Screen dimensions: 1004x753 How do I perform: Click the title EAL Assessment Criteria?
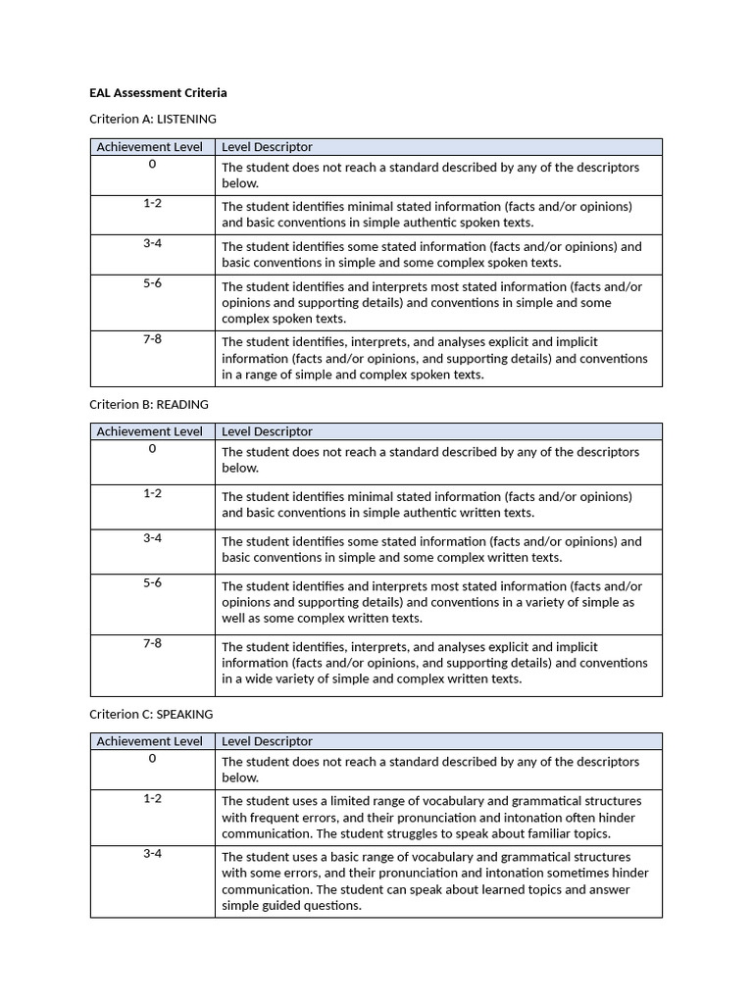click(158, 92)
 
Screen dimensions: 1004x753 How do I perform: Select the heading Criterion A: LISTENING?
click(153, 119)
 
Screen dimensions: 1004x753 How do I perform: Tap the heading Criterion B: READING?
click(149, 404)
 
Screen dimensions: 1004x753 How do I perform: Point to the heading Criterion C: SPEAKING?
click(151, 714)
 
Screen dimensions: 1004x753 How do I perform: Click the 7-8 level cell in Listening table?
click(152, 339)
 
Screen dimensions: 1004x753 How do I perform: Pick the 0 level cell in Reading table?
click(152, 449)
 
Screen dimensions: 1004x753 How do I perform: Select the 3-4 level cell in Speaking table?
click(152, 854)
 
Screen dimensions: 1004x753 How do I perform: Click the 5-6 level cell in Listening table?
click(152, 283)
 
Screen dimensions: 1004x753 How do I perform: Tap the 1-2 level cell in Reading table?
click(152, 493)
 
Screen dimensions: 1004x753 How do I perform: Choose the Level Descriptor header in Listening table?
click(267, 147)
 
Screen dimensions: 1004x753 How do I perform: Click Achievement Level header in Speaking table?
click(150, 741)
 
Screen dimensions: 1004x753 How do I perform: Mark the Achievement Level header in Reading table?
click(150, 431)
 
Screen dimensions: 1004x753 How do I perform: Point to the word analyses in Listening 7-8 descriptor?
click(470, 342)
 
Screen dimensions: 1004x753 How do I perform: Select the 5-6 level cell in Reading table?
click(152, 583)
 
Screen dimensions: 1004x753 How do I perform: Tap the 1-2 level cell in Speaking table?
click(152, 799)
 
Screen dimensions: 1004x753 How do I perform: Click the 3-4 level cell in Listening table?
click(152, 243)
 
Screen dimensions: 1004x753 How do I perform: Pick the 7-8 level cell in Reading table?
click(152, 643)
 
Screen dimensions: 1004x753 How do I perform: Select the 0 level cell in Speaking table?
click(152, 759)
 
